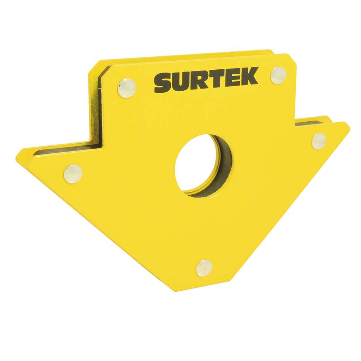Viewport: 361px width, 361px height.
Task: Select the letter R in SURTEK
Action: point(200,81)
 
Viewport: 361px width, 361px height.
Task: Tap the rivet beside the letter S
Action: point(127,88)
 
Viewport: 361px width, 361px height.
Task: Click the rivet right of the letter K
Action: point(278,75)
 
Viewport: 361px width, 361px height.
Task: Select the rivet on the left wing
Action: point(73,174)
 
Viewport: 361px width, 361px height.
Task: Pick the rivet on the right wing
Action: point(319,141)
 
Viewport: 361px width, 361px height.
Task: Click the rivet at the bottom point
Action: point(204,269)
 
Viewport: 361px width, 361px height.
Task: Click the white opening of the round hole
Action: point(195,162)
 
